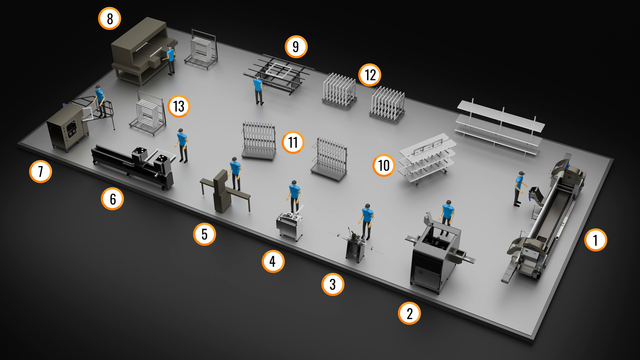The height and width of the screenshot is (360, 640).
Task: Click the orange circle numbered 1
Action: click(595, 240)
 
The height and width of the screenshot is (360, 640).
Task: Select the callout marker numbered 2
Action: click(409, 313)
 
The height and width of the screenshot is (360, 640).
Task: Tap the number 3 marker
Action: click(333, 285)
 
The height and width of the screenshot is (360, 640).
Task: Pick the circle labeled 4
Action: click(273, 261)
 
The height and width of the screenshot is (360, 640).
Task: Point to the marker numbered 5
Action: click(204, 234)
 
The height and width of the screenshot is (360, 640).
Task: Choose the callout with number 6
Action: click(112, 199)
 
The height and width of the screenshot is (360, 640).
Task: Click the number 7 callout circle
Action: click(40, 172)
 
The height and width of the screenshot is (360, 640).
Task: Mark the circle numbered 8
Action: click(110, 19)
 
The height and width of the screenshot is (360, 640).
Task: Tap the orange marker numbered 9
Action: click(296, 47)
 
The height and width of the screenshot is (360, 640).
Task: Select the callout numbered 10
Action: click(384, 165)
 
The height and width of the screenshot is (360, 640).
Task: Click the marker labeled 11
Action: click(293, 142)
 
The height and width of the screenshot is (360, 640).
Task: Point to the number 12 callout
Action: click(370, 75)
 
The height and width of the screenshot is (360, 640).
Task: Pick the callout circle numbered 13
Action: click(179, 106)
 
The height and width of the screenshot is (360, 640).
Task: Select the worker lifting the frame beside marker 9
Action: click(258, 90)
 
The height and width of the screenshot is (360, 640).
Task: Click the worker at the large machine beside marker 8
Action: click(170, 59)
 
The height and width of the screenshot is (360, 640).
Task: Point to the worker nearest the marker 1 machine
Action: click(519, 189)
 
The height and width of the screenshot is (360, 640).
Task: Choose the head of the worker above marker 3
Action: click(367, 206)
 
